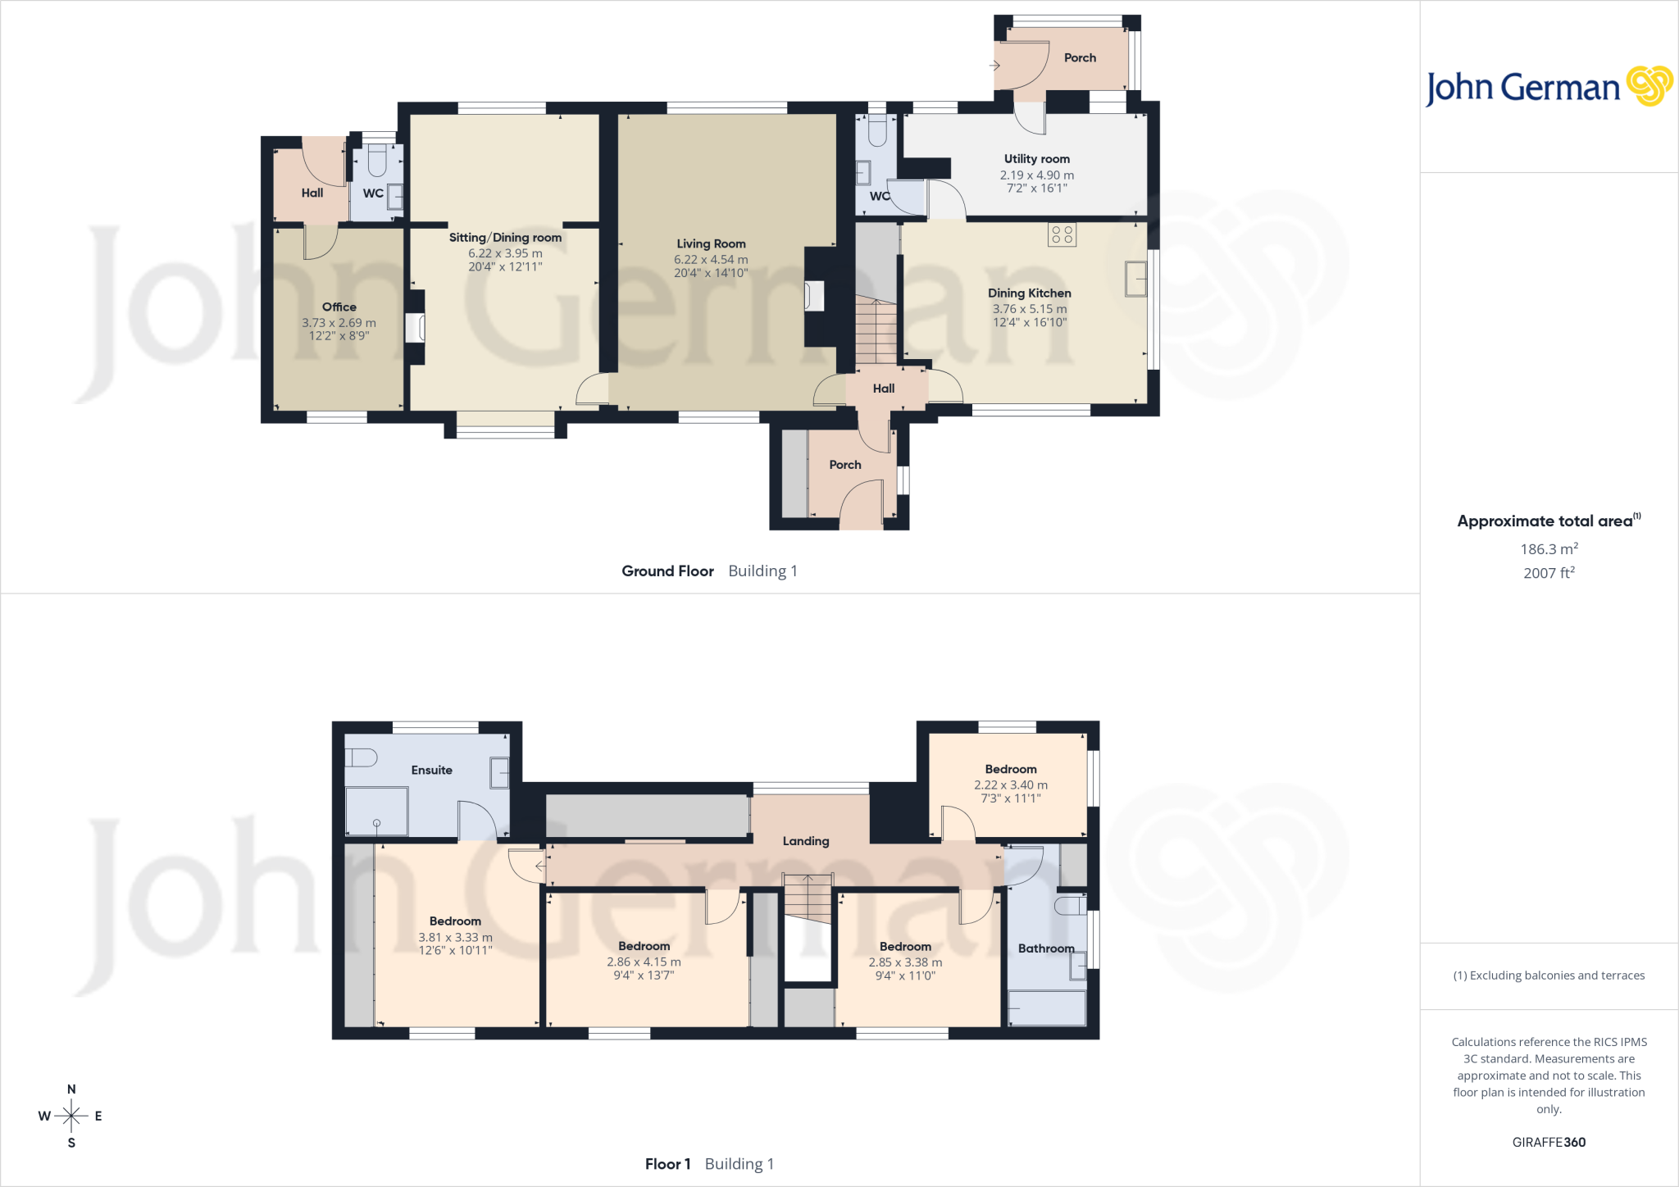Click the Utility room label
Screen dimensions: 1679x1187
[1037, 159]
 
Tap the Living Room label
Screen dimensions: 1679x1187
[711, 243]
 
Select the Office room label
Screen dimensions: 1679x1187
[339, 307]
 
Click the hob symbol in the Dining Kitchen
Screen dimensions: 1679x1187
[1062, 234]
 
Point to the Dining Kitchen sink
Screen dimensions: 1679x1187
[1135, 279]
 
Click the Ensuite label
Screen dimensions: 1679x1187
[431, 770]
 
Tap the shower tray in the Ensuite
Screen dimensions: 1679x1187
[376, 812]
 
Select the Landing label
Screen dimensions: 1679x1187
[806, 841]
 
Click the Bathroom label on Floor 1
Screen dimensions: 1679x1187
[1046, 948]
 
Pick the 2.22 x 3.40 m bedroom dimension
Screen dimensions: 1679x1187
[1011, 785]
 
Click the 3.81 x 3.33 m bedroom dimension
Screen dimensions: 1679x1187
[456, 938]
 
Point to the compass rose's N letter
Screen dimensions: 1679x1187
[71, 1089]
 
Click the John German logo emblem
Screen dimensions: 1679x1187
[1649, 86]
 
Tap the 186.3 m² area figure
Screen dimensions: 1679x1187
[1549, 549]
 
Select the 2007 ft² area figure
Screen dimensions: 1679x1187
[1549, 573]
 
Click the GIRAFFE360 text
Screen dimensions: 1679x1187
[1549, 1142]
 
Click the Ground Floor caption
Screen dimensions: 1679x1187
[667, 571]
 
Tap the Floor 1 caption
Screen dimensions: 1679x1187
[667, 1164]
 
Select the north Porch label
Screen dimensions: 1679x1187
[1080, 57]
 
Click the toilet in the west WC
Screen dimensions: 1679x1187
[377, 161]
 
